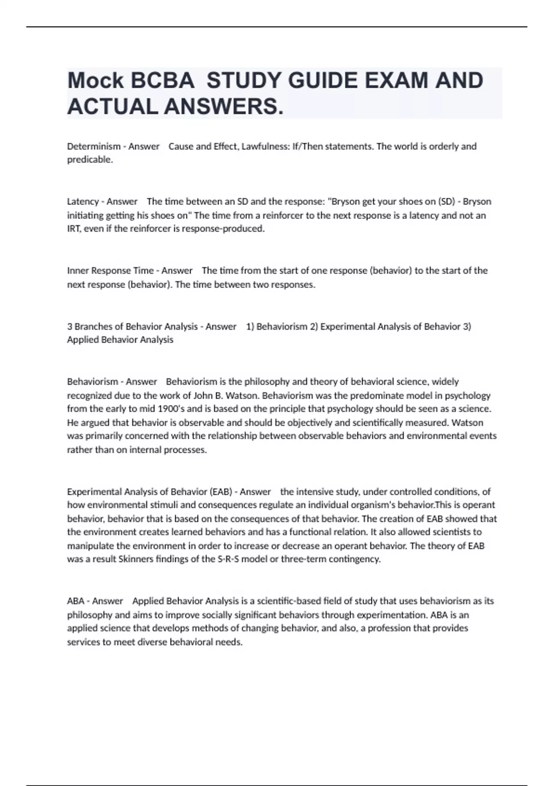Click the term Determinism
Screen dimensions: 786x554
click(x=94, y=147)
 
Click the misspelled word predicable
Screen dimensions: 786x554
click(x=90, y=160)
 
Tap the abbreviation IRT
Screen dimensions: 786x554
click(x=74, y=229)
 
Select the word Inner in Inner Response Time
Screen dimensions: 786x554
click(x=78, y=270)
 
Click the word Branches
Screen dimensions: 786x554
click(x=93, y=326)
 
